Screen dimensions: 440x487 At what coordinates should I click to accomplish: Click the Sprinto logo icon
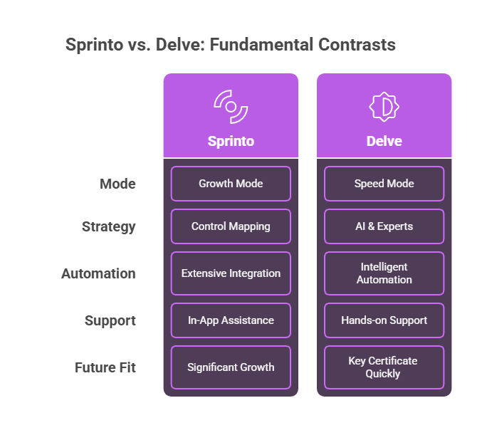tap(231, 106)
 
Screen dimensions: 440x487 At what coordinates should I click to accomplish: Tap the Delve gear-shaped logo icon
tap(384, 106)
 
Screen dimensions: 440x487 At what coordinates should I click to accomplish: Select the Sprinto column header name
tap(231, 141)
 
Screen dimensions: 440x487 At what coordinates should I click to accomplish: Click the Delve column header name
tap(384, 141)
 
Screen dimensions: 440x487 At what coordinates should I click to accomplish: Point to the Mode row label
tap(117, 184)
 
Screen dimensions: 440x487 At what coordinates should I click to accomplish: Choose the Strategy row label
tap(108, 227)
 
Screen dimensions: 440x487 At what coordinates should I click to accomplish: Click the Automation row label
tap(98, 273)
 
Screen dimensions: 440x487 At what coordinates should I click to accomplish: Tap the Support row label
tap(110, 320)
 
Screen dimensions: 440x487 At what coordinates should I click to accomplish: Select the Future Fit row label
tap(105, 367)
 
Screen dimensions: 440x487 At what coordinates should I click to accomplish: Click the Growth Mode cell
tap(231, 184)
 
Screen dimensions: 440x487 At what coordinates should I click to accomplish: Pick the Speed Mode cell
tap(384, 184)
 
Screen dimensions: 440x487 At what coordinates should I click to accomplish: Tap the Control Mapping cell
tap(231, 226)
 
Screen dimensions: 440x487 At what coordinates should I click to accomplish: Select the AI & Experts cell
tap(384, 226)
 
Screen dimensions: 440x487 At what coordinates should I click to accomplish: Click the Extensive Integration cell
tap(231, 273)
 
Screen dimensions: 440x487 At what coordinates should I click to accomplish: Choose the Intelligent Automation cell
tap(384, 273)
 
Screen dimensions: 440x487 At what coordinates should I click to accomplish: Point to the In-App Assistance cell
tap(231, 320)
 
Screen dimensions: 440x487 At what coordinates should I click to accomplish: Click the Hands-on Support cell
tap(384, 320)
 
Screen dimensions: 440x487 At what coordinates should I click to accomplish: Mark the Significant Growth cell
tap(231, 367)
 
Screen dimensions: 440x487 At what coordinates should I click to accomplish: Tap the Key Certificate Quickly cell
tap(384, 367)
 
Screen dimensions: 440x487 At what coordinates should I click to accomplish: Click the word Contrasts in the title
tap(354, 45)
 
